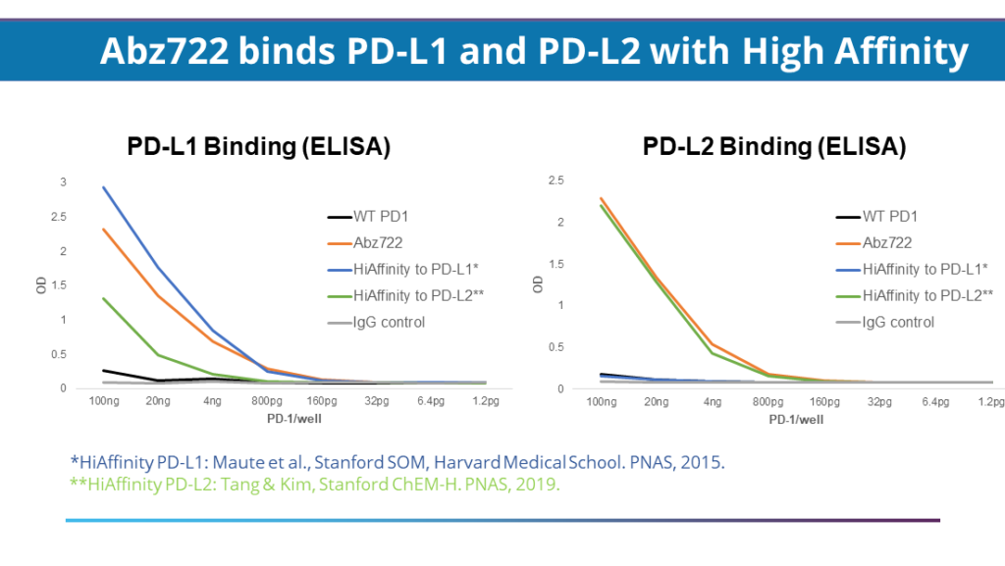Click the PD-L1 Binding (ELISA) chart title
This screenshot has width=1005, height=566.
(259, 147)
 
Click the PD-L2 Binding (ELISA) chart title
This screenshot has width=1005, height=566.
(773, 147)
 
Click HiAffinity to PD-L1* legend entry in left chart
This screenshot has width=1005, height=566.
(416, 269)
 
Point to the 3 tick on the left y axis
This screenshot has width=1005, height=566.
(64, 182)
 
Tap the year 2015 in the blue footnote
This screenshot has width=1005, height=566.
(704, 461)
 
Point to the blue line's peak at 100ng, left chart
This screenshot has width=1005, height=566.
(103, 187)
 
